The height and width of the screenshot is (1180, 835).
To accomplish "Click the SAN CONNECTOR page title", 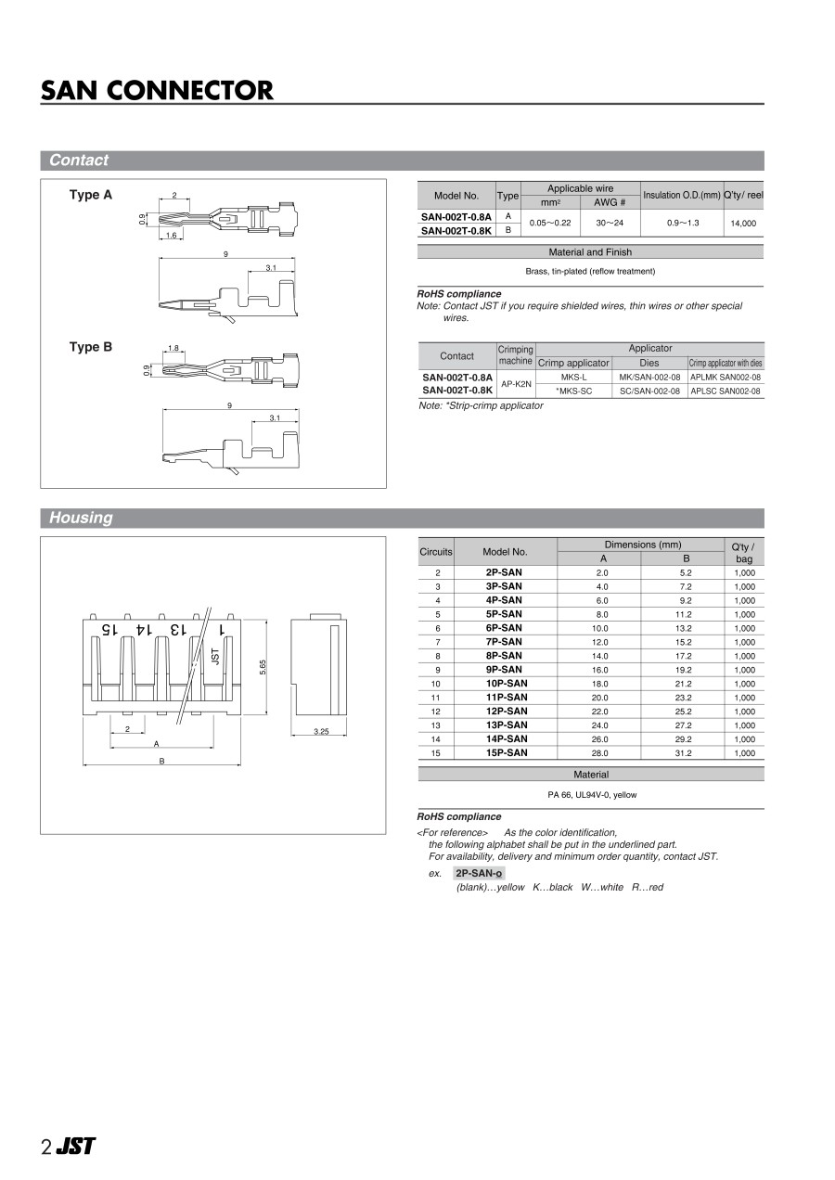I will click(x=157, y=91).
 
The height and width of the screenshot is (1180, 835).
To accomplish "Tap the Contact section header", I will click(x=79, y=160).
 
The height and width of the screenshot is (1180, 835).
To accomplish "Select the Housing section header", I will click(x=81, y=518).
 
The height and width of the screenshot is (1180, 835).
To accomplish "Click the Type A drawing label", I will click(x=91, y=195).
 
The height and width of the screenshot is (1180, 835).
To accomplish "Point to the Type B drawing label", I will click(x=91, y=347).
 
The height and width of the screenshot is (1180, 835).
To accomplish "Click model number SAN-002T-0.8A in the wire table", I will click(x=456, y=216).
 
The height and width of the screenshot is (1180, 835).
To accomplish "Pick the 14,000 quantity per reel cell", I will click(x=743, y=224).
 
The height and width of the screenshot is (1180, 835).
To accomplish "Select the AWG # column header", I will click(x=610, y=202).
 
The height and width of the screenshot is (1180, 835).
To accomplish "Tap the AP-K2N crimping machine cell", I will click(x=516, y=384).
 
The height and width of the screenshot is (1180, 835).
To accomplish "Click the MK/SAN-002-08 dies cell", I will click(x=649, y=378).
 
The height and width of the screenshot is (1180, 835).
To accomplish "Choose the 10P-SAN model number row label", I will click(x=506, y=684).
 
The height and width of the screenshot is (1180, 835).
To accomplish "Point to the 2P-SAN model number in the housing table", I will click(x=504, y=572).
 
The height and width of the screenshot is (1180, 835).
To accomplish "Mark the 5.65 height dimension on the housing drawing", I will click(x=263, y=666).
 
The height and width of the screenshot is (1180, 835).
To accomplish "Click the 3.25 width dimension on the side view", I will click(x=321, y=732).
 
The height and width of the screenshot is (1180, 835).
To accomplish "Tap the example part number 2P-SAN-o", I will click(x=479, y=873).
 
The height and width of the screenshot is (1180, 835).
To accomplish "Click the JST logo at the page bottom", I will click(x=75, y=1147).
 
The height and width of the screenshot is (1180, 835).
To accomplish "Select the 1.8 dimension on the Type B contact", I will click(x=173, y=349).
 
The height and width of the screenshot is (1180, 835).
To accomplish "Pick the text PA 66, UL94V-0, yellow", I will click(x=592, y=795).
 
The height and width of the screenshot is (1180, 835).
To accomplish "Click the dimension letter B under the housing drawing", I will click(x=161, y=761).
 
